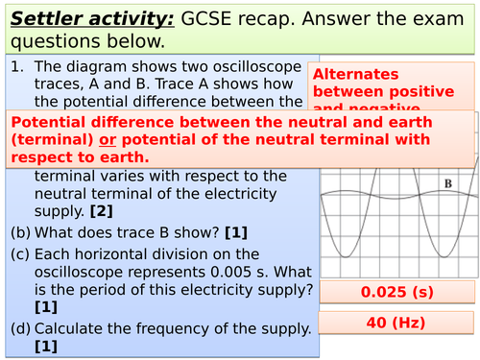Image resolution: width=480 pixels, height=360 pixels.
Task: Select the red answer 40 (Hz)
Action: click(396, 324)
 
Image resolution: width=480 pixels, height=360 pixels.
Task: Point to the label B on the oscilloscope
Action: click(448, 183)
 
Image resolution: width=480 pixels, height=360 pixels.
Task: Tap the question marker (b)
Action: click(20, 231)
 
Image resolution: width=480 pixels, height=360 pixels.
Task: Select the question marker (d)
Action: click(20, 329)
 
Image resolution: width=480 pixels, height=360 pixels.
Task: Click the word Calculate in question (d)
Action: click(69, 329)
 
